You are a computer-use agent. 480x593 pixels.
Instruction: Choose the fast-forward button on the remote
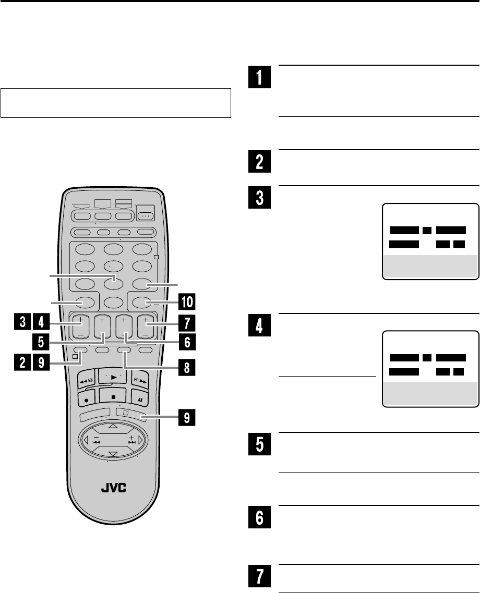tap(141, 380)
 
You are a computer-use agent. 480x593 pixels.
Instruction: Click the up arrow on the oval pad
tap(113, 427)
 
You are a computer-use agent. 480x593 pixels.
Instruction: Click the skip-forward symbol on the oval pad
tap(132, 441)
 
